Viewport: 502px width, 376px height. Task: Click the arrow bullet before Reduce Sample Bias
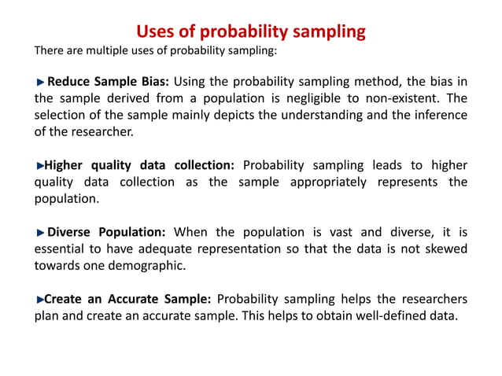coord(41,81)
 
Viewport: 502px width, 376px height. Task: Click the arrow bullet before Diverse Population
coord(41,232)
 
